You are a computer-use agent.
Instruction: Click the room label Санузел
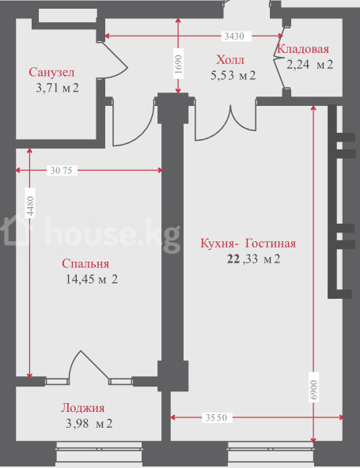point(51,73)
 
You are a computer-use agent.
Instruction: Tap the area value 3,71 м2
point(57,88)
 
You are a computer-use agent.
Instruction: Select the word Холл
point(230,60)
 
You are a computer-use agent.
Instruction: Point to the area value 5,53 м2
point(233,76)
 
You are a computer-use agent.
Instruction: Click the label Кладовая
point(303,49)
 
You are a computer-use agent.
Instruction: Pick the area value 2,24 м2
point(310,65)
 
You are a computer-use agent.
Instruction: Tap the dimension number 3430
point(234,36)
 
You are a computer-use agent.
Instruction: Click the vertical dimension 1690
point(178,65)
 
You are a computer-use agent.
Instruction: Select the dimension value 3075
point(61,171)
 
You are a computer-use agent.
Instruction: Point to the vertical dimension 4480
point(30,206)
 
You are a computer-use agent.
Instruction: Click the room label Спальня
point(85,264)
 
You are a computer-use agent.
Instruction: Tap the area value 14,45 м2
point(92,279)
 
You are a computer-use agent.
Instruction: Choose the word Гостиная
point(271,243)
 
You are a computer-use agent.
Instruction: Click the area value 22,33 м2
point(254,259)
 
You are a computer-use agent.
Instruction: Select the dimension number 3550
point(216,417)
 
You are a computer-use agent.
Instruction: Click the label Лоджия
point(83,408)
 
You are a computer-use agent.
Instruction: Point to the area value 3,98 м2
point(89,424)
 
